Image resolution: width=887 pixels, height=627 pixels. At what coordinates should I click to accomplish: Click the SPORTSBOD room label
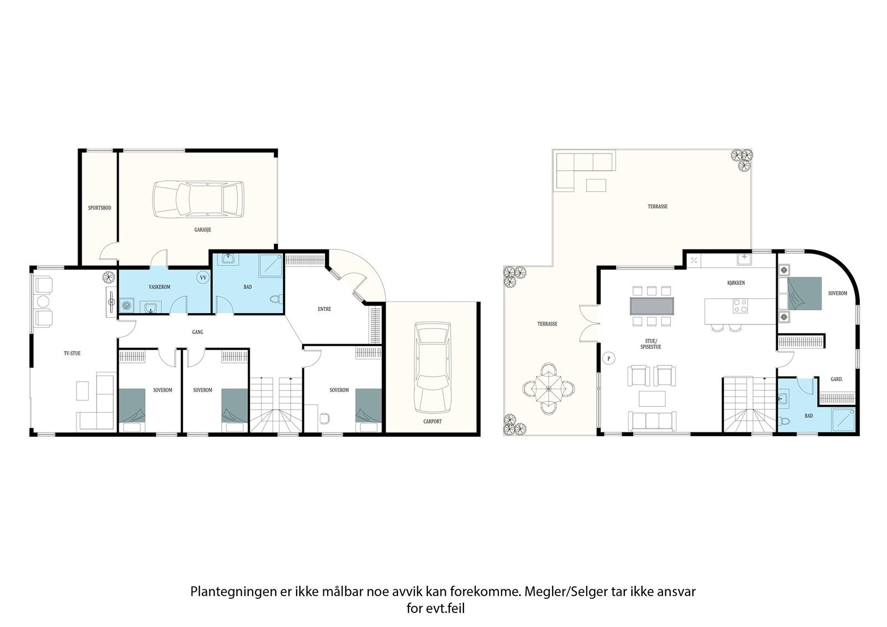99,208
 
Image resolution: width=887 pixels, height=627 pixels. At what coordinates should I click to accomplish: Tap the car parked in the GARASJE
198,199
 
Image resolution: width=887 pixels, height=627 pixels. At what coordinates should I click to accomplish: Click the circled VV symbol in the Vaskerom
203,277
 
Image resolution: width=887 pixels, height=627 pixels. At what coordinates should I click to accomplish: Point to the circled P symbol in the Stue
609,359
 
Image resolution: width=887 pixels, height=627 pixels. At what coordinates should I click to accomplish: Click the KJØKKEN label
736,283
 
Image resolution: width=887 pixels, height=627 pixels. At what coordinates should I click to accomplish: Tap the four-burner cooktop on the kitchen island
740,306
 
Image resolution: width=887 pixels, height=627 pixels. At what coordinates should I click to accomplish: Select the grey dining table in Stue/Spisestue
652,306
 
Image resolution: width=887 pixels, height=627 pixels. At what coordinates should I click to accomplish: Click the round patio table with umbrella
549,389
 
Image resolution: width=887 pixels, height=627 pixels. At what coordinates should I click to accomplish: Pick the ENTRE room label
324,309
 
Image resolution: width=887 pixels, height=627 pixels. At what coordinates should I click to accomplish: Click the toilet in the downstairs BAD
276,299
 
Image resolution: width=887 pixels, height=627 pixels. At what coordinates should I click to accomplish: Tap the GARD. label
837,379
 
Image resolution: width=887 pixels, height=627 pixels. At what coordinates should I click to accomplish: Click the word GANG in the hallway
197,332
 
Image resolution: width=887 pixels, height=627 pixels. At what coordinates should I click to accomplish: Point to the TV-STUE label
72,353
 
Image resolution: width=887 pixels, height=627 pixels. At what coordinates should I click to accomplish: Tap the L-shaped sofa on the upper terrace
585,172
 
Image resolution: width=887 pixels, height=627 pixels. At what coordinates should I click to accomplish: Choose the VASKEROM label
160,287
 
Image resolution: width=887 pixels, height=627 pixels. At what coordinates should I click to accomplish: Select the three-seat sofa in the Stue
652,421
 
